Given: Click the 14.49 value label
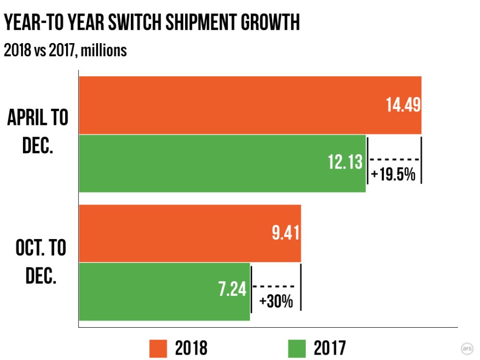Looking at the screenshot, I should [x=403, y=105].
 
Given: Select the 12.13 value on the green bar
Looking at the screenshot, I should [x=346, y=162].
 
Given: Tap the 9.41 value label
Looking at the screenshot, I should [x=286, y=233].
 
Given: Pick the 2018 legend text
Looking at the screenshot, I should [x=191, y=348].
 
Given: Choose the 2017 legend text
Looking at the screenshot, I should [x=329, y=348].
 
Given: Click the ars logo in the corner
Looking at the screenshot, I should [x=467, y=348].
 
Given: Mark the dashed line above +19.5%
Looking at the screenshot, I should [x=394, y=159].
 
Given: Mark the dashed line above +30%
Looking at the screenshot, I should [x=276, y=287].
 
